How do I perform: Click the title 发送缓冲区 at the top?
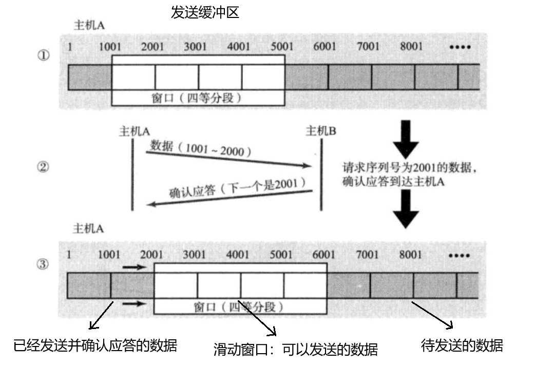tap(205, 12)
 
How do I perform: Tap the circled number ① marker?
tap(43, 56)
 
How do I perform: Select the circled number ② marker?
tap(43, 167)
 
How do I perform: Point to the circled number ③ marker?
tap(43, 265)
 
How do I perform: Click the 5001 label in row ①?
tap(281, 47)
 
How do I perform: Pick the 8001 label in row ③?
tap(410, 255)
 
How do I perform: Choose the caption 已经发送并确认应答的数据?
tap(95, 345)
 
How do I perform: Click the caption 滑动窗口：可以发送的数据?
tap(296, 350)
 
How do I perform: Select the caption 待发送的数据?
tap(462, 345)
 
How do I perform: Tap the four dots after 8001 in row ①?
tap(460, 47)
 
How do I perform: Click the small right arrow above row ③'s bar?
tap(135, 267)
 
